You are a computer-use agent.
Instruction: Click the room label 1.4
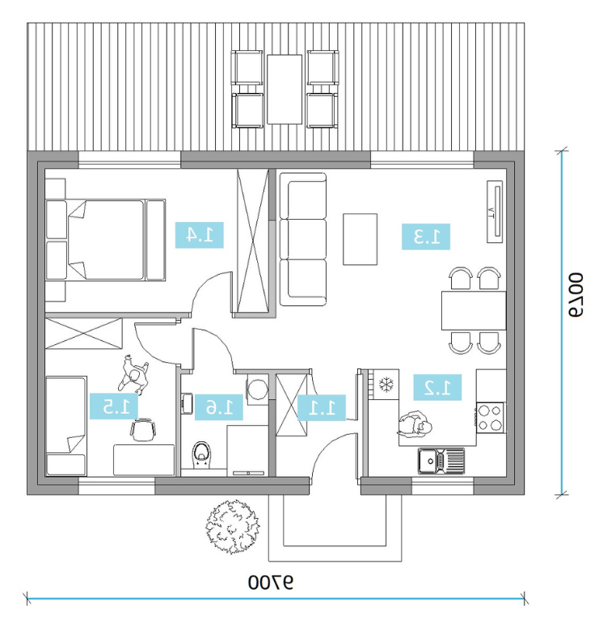point(199,235)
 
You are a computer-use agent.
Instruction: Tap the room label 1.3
point(426,237)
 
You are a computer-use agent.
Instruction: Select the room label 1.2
point(437,387)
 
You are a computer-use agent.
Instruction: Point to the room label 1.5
point(114,406)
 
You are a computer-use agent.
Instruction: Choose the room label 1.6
point(218,407)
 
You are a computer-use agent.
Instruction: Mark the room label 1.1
point(322,407)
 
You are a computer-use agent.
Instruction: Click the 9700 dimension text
point(271,583)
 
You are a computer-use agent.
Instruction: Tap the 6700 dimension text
point(576,294)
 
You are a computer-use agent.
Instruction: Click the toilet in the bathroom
point(202,455)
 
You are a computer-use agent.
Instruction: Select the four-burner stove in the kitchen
point(491,418)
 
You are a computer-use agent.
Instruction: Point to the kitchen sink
point(441,461)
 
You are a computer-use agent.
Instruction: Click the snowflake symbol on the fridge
point(386,384)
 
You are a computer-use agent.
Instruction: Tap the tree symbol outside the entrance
point(233,527)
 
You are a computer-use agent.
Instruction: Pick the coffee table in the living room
point(361,239)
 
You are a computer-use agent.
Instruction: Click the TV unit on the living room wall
point(495,212)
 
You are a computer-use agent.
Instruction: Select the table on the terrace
point(285,90)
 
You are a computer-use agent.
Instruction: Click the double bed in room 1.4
point(105,240)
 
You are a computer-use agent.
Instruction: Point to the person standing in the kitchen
point(414,425)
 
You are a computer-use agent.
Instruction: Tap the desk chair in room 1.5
point(143,430)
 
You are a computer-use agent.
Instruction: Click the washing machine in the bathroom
point(257,389)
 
